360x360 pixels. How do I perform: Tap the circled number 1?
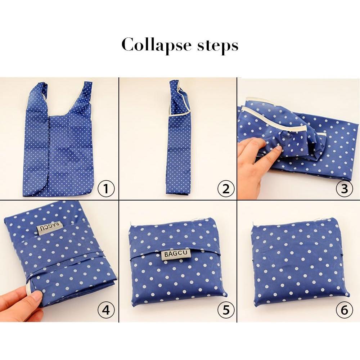106,188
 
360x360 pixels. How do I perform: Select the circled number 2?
226,188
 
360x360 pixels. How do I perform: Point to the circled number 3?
344,188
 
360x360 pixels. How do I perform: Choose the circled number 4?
106,310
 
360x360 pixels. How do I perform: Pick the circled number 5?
226,310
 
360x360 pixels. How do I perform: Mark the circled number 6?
344,310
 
